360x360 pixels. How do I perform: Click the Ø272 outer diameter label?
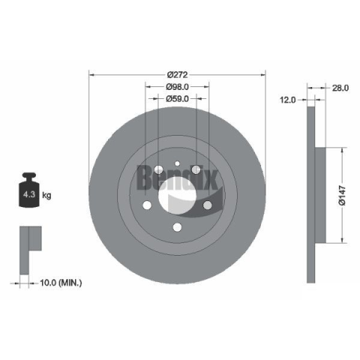pyautogui.click(x=177, y=74)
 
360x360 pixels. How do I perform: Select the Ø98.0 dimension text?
pyautogui.click(x=177, y=87)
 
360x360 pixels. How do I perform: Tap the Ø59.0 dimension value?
pyautogui.click(x=177, y=99)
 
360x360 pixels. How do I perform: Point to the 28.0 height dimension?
pyautogui.click(x=340, y=88)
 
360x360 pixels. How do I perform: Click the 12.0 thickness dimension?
pyautogui.click(x=287, y=100)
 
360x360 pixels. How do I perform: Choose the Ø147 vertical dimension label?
pyautogui.click(x=342, y=195)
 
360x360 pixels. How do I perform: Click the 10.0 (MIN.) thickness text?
pyautogui.click(x=61, y=283)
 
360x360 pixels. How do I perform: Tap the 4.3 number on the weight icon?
pyautogui.click(x=29, y=194)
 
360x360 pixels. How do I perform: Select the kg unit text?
pyautogui.click(x=46, y=195)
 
